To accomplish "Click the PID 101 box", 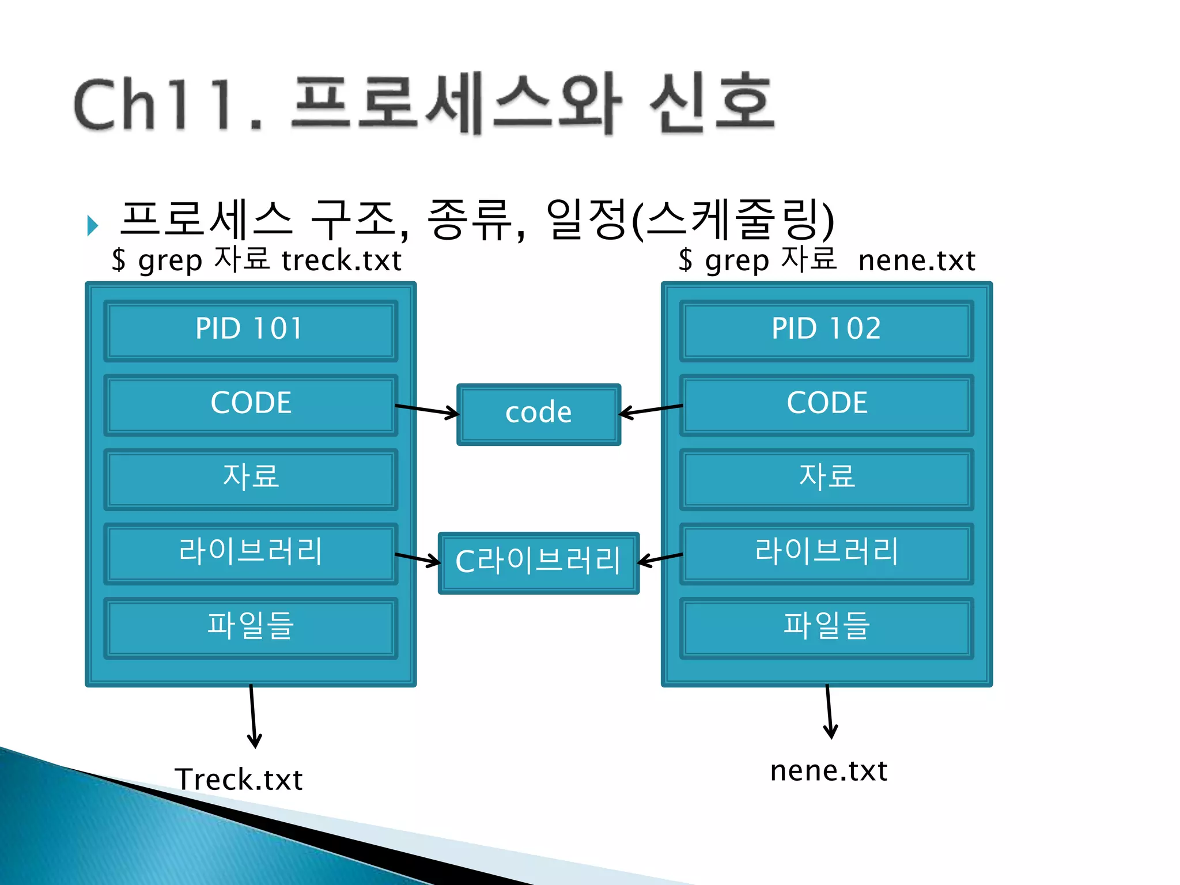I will tap(250, 330).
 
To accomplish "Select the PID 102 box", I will tap(826, 330).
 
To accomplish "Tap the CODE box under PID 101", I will tap(250, 404).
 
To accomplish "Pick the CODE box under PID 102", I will tap(826, 404).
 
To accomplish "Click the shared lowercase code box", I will tap(538, 414).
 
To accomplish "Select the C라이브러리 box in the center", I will tap(538, 562).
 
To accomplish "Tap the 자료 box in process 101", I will tap(250, 478).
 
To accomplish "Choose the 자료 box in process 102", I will tap(826, 478).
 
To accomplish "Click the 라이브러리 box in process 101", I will tap(250, 553).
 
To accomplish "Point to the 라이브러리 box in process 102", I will tap(826, 553).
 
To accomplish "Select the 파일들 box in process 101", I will tap(250, 627).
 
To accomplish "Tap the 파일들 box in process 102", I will tap(826, 627).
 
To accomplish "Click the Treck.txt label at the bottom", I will tap(239, 780).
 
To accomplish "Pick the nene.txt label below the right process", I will tap(829, 771).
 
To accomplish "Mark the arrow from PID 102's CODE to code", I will tap(651, 410).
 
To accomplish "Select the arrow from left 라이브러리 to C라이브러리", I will tap(418, 558).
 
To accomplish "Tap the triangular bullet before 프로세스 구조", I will tap(92, 225).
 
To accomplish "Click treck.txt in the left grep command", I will tap(341, 261).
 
